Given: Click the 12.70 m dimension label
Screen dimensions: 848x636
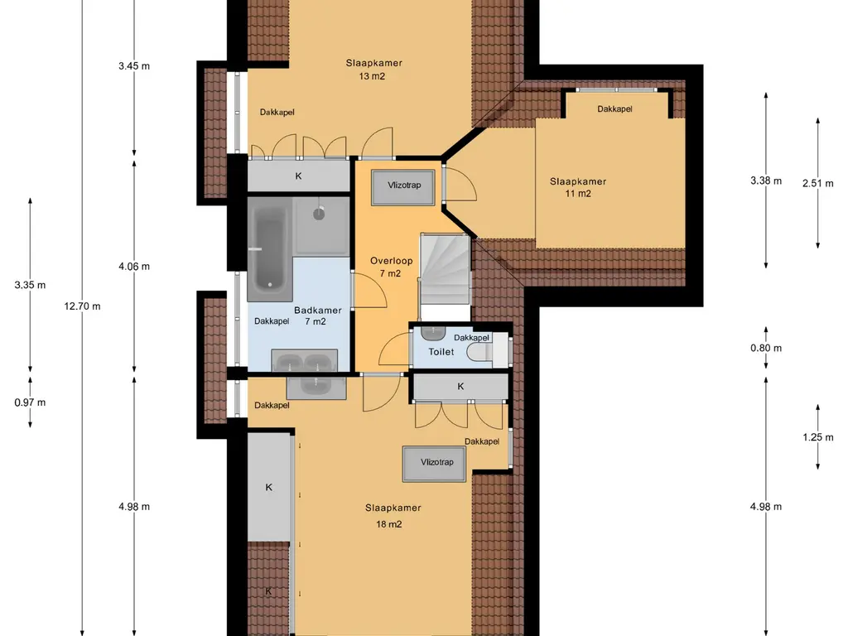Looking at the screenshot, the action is coord(82,306).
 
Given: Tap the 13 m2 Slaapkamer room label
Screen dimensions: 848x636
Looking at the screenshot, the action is coord(373,70).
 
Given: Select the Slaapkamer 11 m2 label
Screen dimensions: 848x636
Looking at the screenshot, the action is coord(577,187).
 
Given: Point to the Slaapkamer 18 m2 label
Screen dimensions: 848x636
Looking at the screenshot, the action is coord(393,515).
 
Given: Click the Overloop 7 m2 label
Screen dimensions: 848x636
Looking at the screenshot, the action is coord(391,267).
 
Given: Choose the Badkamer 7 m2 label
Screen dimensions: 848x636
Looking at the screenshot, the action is coord(317,316).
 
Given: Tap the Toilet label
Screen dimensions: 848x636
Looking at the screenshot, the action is coord(441,352).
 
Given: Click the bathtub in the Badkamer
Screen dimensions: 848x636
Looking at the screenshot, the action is coord(270,248).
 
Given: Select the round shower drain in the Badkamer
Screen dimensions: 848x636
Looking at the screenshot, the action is coord(319,214).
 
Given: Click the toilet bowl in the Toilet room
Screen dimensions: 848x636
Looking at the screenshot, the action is coord(480,352).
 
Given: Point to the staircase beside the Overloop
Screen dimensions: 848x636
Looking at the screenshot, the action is coord(445,269).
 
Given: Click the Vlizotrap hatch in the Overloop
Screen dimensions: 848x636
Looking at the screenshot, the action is coord(403,187).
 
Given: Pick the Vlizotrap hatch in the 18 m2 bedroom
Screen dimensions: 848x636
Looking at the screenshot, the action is coord(434,464).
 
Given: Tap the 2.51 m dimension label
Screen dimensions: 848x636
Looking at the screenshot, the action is coord(817,183).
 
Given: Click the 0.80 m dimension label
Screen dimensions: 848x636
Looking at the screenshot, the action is coord(766,348).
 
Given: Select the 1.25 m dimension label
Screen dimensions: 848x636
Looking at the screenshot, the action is coord(817,437).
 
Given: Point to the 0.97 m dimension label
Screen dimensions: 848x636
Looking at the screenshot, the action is coord(31,402).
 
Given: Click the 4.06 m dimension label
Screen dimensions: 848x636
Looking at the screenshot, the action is coord(134,266).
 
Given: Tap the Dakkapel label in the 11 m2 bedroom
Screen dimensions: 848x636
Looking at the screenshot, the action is coord(615,108).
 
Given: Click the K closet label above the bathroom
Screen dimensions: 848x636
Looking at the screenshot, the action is coord(298,176).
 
